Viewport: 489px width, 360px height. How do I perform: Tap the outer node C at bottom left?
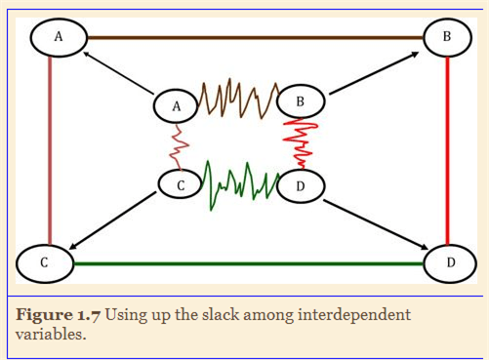pos(45,262)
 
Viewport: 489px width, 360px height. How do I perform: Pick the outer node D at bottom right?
pos(450,262)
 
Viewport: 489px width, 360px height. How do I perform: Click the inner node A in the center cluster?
pos(177,106)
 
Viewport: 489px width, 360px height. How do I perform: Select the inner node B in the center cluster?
pos(301,100)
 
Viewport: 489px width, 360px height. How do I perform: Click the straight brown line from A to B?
pos(254,37)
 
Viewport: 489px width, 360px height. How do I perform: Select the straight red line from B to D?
pos(446,146)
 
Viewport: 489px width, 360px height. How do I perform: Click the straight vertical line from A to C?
pos(46,146)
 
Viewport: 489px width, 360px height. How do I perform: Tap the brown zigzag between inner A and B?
pos(238,98)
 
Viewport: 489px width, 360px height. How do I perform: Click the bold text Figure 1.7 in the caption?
pos(59,314)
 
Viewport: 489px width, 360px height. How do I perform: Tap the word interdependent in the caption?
pos(346,314)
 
